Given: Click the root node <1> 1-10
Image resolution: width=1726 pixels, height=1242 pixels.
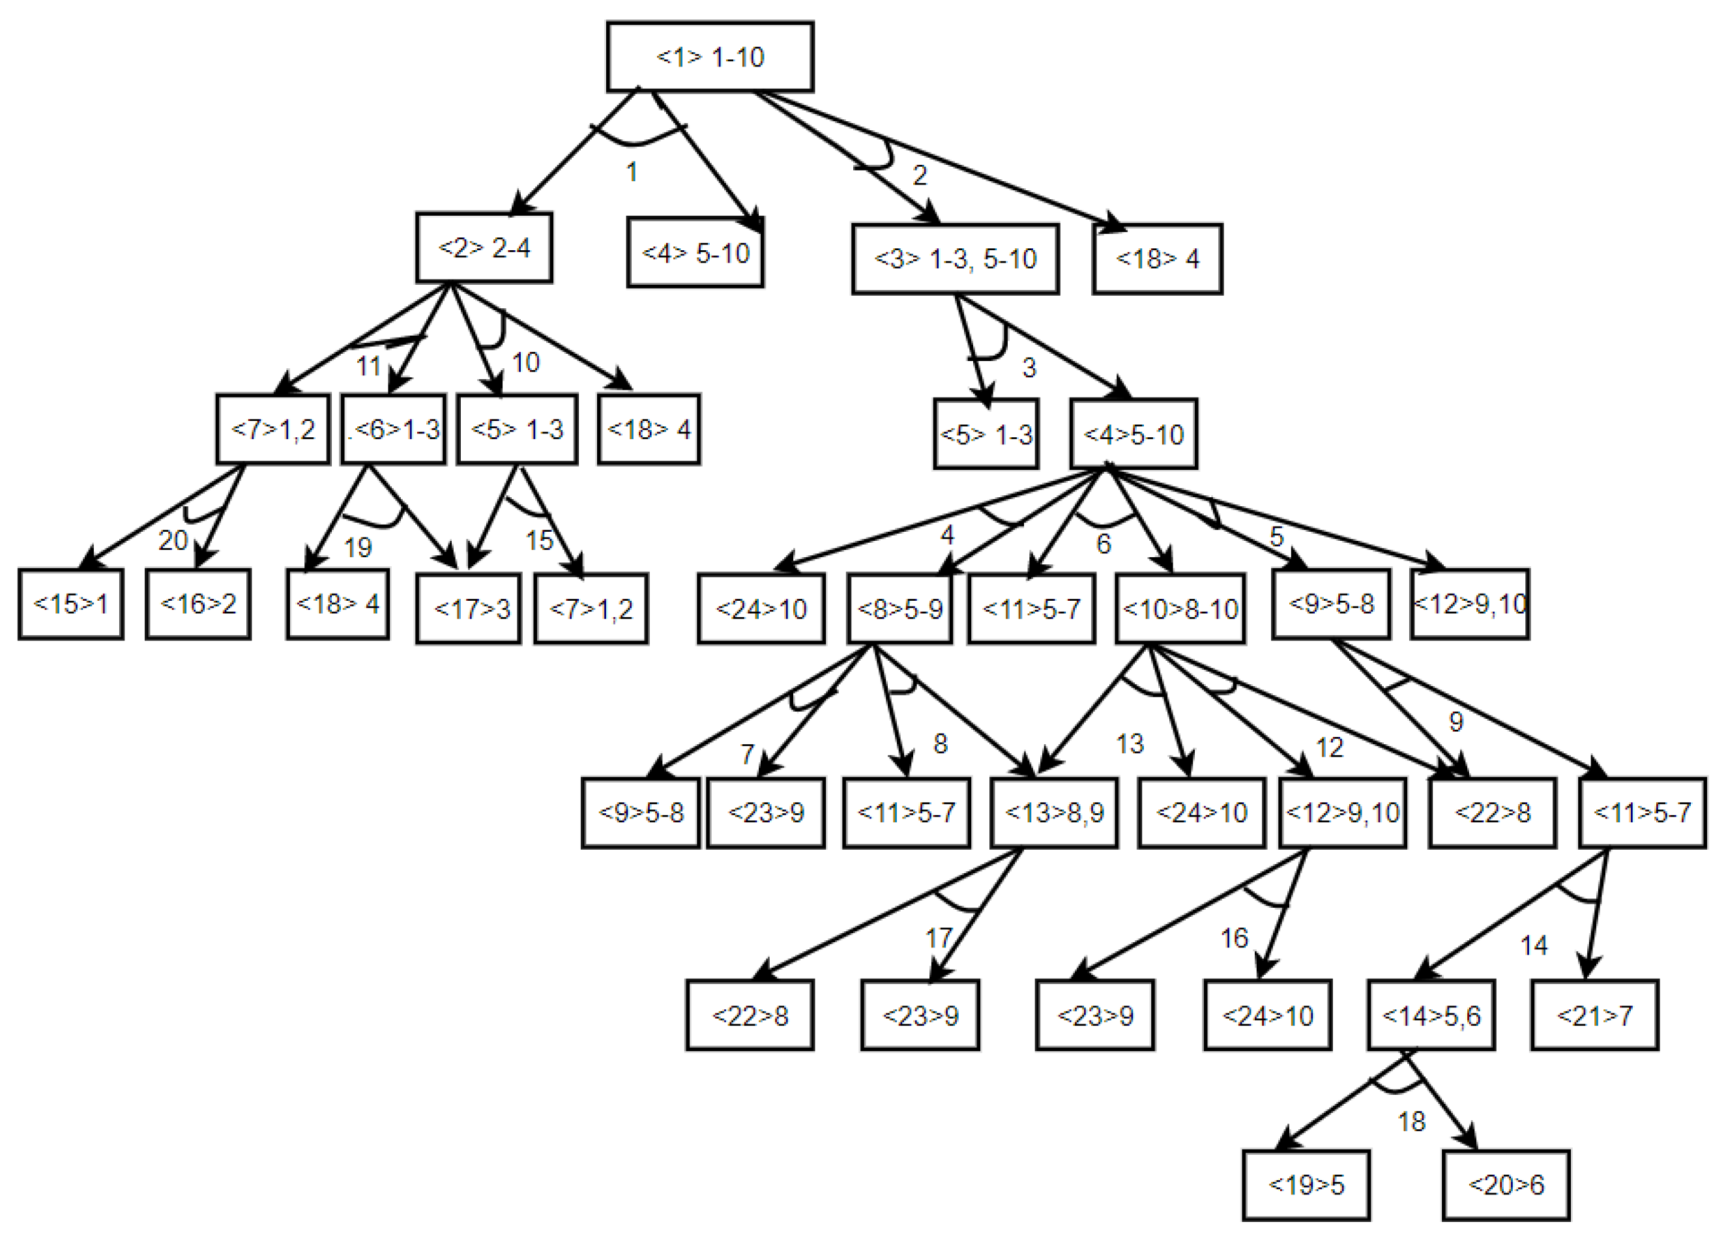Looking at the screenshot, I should pyautogui.click(x=709, y=57).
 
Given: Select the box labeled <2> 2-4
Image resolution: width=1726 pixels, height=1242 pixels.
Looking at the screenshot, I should pyautogui.click(x=484, y=248).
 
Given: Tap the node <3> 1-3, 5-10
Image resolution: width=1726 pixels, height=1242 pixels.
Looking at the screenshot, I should pyautogui.click(x=954, y=259).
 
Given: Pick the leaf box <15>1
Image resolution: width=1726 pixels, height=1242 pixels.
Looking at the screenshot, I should pyautogui.click(x=71, y=603).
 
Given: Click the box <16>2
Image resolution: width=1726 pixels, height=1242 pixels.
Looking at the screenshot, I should pyautogui.click(x=198, y=603).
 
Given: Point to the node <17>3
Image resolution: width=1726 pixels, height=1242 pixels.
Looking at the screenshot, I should pyautogui.click(x=469, y=608).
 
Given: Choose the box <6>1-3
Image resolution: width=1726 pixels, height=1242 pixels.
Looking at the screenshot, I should pyautogui.click(x=394, y=429).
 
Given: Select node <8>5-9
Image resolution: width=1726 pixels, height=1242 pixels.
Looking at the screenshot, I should pyautogui.click(x=900, y=608).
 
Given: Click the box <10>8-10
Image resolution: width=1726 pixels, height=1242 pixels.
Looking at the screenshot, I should pyautogui.click(x=1180, y=608).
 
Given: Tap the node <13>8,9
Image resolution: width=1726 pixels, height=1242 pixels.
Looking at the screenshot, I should pyautogui.click(x=1053, y=812).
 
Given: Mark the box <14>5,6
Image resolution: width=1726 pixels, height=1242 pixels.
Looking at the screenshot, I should pyautogui.click(x=1431, y=1015).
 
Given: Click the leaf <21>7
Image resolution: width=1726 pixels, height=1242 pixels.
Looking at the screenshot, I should pyautogui.click(x=1594, y=1015).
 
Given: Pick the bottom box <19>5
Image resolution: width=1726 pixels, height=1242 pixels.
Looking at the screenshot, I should pyautogui.click(x=1306, y=1184).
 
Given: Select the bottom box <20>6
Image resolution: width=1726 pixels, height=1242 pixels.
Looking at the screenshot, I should pyautogui.click(x=1506, y=1184).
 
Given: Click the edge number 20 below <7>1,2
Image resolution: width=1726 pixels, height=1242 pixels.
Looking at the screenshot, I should pyautogui.click(x=173, y=540).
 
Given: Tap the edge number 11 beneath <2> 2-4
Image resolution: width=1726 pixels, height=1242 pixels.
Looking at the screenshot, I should pyautogui.click(x=368, y=366).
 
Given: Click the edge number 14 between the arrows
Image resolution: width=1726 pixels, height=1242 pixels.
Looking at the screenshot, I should pyautogui.click(x=1534, y=946).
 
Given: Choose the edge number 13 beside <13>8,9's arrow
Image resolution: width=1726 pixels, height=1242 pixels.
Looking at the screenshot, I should pyautogui.click(x=1130, y=744).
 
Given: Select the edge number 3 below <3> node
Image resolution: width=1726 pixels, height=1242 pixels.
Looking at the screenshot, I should pyautogui.click(x=1029, y=368).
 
